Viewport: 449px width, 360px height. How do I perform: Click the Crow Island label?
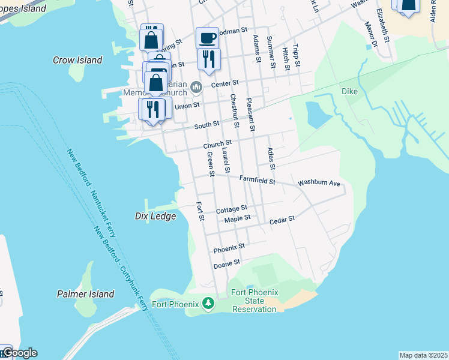(77, 60)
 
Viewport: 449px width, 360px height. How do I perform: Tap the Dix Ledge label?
(155, 216)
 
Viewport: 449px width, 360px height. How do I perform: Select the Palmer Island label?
(86, 294)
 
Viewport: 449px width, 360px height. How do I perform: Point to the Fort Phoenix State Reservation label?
(255, 301)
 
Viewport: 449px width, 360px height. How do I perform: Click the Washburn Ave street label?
(319, 182)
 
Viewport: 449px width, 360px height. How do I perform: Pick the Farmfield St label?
(257, 179)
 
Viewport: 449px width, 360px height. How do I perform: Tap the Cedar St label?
(282, 220)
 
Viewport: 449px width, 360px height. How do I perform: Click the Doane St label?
(228, 263)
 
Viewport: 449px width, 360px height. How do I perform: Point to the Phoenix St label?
(229, 247)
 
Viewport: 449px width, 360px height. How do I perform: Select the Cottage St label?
(232, 210)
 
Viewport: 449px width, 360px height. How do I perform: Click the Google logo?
(19, 353)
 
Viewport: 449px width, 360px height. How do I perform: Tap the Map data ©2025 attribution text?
(423, 355)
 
